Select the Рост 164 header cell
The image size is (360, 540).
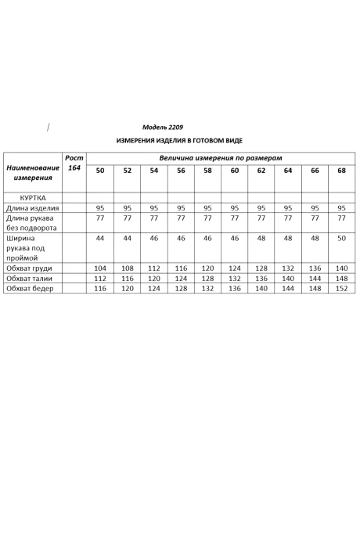click(x=74, y=163)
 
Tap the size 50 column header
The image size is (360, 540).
click(x=99, y=170)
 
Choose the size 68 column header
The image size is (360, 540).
click(x=341, y=170)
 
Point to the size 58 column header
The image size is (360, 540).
click(x=207, y=170)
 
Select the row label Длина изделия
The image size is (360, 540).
click(x=33, y=208)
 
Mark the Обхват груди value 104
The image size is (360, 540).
click(x=99, y=268)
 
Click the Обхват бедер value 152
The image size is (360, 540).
click(x=341, y=289)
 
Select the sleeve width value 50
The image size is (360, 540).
click(x=341, y=237)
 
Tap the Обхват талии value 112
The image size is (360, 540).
click(x=99, y=279)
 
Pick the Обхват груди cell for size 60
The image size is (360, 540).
click(x=235, y=268)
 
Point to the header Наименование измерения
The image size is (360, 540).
click(x=33, y=173)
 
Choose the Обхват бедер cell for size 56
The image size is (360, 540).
click(x=181, y=289)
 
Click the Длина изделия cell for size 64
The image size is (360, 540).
click(x=288, y=208)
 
